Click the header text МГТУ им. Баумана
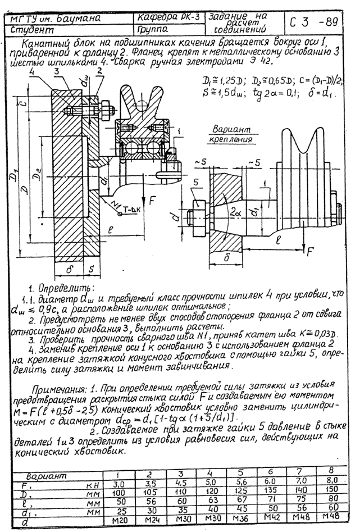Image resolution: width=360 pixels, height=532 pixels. click(x=56, y=19)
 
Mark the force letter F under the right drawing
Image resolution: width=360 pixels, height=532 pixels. click(x=310, y=251)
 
